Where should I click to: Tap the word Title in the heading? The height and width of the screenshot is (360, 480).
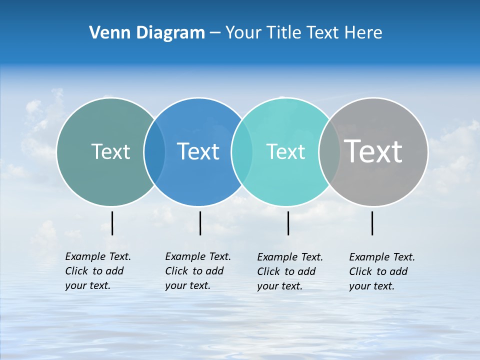click(x=283, y=32)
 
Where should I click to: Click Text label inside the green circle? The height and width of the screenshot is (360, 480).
click(x=110, y=151)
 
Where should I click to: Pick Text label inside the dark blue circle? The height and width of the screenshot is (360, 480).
click(x=198, y=151)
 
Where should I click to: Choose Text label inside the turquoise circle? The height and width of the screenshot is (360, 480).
click(x=285, y=151)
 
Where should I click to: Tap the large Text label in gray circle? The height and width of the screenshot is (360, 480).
click(x=373, y=151)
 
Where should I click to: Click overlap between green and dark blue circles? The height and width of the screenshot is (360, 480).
click(x=154, y=152)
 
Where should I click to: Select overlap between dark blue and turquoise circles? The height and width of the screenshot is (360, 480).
click(x=242, y=152)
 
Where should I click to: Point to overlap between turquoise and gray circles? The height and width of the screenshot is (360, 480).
click(x=329, y=152)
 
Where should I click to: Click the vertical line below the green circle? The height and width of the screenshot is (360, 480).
click(x=112, y=223)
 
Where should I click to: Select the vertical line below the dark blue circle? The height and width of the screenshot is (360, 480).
click(x=200, y=223)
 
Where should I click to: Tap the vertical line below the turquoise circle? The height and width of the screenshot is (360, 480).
click(x=288, y=223)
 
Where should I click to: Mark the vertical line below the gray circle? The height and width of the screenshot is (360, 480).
click(x=372, y=223)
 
